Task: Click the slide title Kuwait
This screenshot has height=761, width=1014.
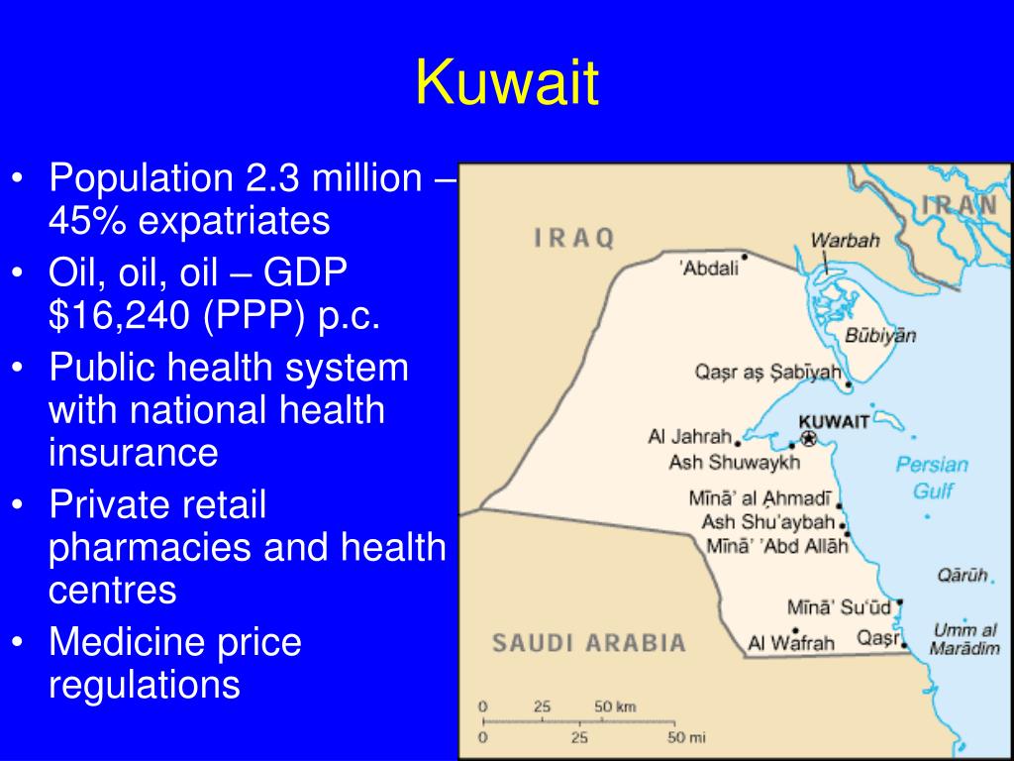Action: tap(507, 83)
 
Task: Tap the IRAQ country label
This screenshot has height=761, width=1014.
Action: tap(575, 238)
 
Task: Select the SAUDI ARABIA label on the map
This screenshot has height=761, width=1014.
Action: tap(589, 642)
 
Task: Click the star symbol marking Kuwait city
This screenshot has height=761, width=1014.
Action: tap(809, 438)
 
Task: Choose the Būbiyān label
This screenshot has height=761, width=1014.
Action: tap(879, 335)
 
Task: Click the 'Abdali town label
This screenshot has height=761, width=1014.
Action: tap(709, 267)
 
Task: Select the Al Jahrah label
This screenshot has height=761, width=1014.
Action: tap(689, 436)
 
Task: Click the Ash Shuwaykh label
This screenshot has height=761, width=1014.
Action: tap(720, 462)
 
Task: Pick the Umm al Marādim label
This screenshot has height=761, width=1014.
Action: tap(963, 639)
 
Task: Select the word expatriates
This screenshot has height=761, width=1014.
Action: tap(233, 220)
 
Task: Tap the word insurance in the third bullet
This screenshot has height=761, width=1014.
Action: tap(133, 452)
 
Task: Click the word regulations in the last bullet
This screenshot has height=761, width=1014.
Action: tap(145, 684)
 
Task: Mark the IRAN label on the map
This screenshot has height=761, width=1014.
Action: tap(960, 206)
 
